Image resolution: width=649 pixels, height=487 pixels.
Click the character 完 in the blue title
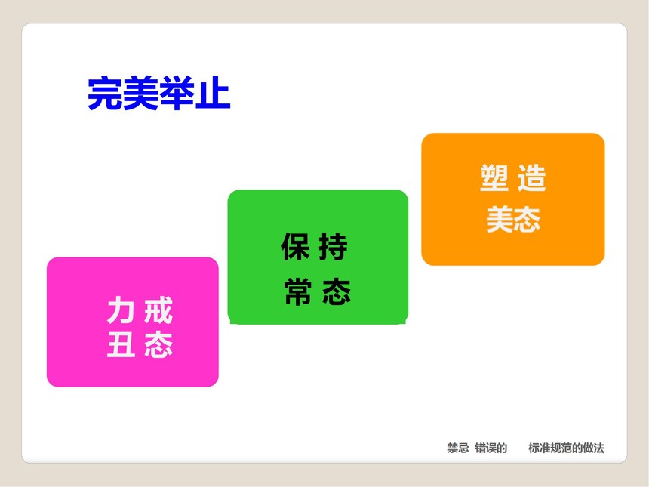(105, 93)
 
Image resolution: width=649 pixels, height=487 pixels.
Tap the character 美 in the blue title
(141, 93)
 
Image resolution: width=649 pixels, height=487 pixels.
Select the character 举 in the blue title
(177, 93)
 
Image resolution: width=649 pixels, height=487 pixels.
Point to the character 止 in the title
(213, 93)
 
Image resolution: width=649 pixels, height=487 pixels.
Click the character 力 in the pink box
(121, 310)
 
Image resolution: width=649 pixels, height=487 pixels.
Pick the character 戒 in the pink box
(158, 310)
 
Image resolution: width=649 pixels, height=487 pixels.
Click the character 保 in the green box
(296, 246)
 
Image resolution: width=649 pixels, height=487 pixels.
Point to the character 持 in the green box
(334, 246)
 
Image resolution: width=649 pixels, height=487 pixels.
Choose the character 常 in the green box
(298, 291)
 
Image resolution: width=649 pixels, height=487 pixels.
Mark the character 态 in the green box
(337, 291)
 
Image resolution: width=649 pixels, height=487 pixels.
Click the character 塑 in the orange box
(494, 178)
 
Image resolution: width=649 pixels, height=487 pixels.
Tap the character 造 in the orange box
(532, 178)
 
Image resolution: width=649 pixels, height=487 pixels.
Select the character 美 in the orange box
(500, 219)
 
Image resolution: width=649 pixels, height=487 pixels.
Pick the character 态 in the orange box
(527, 219)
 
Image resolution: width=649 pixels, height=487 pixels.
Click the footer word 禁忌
(458, 448)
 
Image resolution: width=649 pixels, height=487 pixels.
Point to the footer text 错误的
(491, 448)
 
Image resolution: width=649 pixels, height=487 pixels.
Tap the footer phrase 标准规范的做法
(566, 448)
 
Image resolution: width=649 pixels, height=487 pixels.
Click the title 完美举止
(159, 93)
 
